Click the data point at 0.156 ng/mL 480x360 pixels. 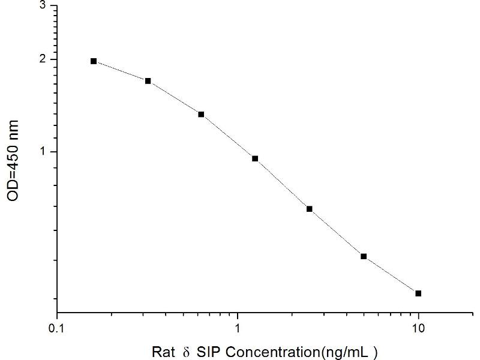tap(94, 61)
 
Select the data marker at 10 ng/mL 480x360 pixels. tap(418, 293)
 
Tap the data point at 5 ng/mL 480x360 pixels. tap(364, 256)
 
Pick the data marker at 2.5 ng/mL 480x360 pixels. tap(310, 209)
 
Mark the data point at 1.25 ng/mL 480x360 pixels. tap(255, 158)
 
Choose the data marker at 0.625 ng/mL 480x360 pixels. tap(201, 114)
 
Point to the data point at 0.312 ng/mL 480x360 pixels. tap(148, 81)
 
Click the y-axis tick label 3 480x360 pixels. tap(41, 5)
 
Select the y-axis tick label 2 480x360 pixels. tap(41, 59)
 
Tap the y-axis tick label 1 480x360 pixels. tap(41, 152)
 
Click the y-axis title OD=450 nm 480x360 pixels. tap(13, 161)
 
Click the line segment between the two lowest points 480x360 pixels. tap(391, 275)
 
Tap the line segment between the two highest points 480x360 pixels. tap(121, 71)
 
